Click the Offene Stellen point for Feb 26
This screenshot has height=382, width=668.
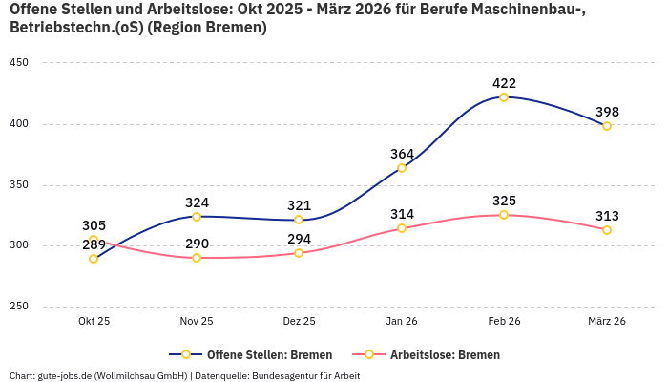tap(504, 97)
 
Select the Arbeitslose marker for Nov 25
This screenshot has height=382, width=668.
tap(197, 258)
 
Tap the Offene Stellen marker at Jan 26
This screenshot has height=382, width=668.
tap(402, 168)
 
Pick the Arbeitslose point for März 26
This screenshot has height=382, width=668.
tap(607, 230)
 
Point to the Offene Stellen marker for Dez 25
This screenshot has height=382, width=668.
tap(299, 220)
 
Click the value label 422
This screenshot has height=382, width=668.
tap(504, 83)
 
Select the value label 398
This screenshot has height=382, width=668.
tap(607, 112)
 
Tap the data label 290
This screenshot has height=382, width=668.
tap(197, 244)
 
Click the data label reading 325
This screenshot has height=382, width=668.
tap(504, 201)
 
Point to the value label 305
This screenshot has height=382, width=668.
tap(94, 225)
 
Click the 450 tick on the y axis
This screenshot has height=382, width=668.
tap(19, 63)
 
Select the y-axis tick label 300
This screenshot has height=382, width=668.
tap(19, 245)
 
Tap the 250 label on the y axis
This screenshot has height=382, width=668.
tap(19, 307)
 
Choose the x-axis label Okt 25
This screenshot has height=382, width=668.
tap(94, 322)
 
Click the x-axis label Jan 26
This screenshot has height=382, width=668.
tap(402, 322)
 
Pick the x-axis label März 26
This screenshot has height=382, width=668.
tap(607, 322)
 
